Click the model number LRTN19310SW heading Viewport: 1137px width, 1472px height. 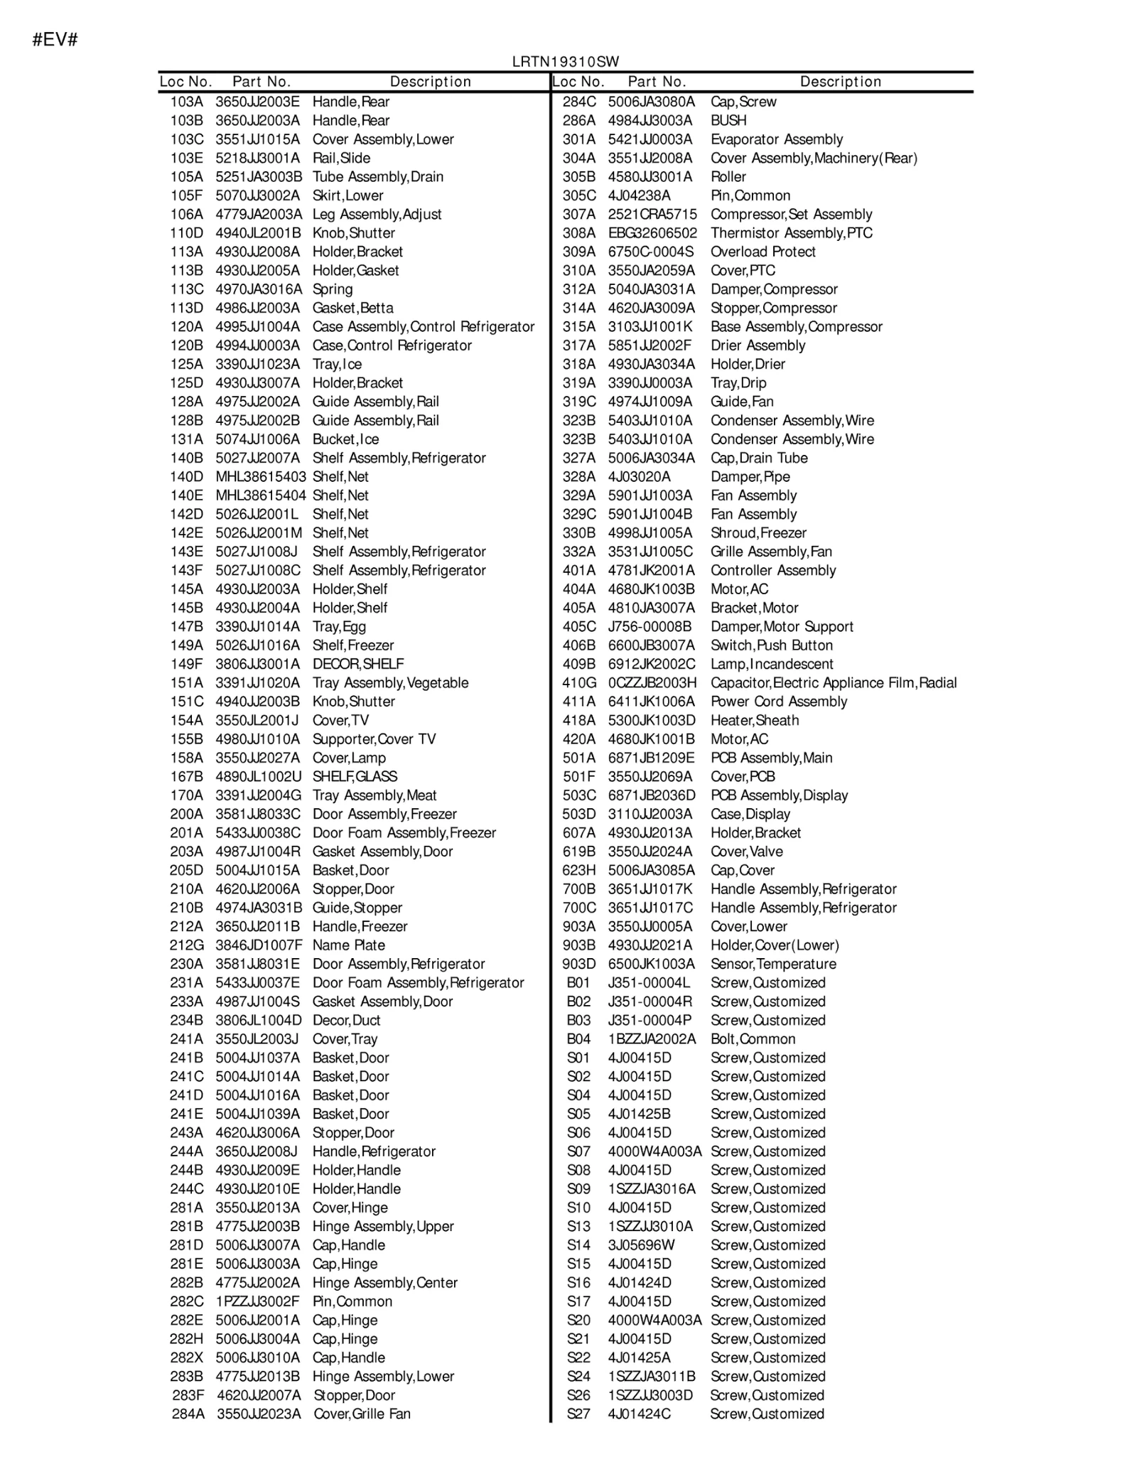pyautogui.click(x=566, y=62)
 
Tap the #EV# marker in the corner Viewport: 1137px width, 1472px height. pyautogui.click(x=55, y=40)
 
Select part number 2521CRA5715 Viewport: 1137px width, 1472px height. pyautogui.click(x=652, y=214)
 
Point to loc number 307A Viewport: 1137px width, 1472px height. pyautogui.click(x=578, y=214)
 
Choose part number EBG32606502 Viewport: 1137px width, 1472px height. pyautogui.click(x=652, y=233)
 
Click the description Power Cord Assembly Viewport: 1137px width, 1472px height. pyautogui.click(x=779, y=702)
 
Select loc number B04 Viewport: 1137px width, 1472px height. pyautogui.click(x=578, y=1038)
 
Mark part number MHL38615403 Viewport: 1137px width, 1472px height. pyautogui.click(x=261, y=476)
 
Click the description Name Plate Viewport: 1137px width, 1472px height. pyautogui.click(x=348, y=945)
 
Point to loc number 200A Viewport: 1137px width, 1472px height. pyautogui.click(x=186, y=814)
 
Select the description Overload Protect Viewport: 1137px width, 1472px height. pyautogui.click(x=763, y=252)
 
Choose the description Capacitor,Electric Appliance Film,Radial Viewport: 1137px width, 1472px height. pyautogui.click(x=834, y=682)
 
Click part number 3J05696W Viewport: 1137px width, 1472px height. pyautogui.click(x=641, y=1245)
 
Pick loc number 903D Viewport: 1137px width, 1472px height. pyautogui.click(x=578, y=964)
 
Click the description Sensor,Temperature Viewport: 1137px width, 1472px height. pyautogui.click(x=773, y=964)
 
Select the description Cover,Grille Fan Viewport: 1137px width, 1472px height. pyautogui.click(x=362, y=1414)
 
